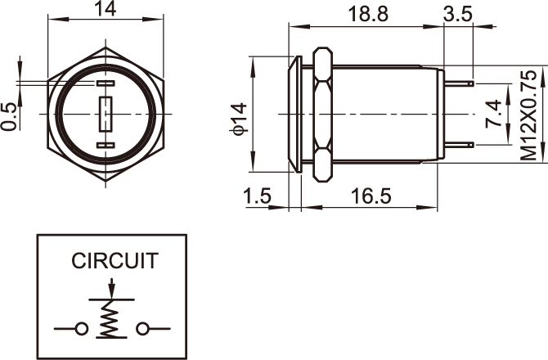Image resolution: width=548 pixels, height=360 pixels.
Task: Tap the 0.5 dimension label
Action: (11, 115)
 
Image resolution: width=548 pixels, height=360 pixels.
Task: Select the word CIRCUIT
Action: (114, 261)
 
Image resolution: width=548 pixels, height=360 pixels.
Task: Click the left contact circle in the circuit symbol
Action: (81, 329)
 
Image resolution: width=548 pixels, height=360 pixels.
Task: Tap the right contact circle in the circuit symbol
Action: (145, 329)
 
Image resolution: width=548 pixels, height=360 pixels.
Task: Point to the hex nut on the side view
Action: (322, 114)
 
